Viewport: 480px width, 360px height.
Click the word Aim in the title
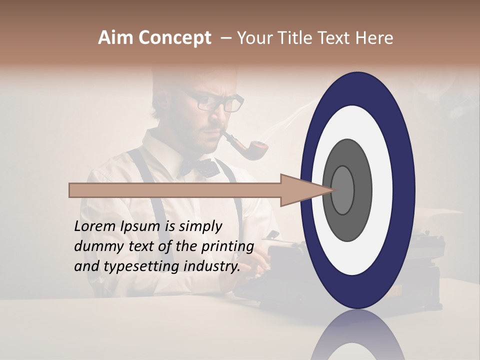[x=116, y=38]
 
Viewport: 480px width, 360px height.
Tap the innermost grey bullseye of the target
[x=342, y=190]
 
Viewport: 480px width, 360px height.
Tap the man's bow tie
[x=200, y=167]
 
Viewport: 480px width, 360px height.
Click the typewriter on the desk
[x=280, y=265]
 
